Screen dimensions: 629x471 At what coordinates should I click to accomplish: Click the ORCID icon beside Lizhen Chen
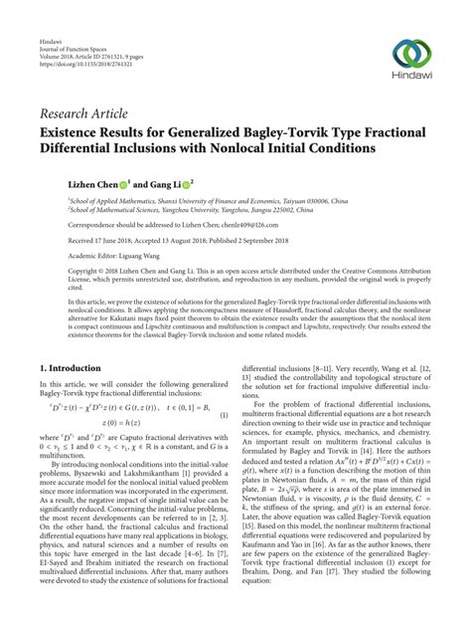tap(124, 185)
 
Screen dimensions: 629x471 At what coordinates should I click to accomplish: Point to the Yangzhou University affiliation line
tap(199, 211)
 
